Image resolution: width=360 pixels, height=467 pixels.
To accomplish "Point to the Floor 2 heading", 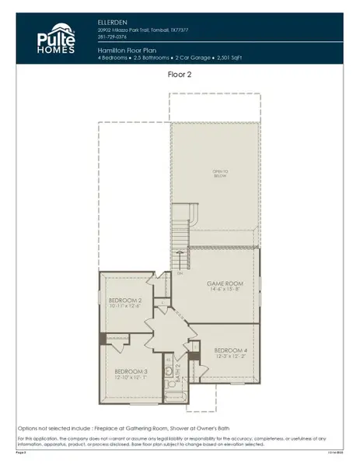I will coord(180,75).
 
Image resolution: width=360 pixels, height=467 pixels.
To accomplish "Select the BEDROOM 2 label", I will coord(124,300).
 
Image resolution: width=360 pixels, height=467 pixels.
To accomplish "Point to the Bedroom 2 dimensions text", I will coord(124,307).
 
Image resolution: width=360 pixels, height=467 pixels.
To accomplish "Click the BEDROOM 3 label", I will coord(130,371).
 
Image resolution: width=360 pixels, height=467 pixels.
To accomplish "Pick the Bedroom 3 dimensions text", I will coord(130,378).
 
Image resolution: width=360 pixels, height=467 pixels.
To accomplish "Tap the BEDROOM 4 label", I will coord(230,350).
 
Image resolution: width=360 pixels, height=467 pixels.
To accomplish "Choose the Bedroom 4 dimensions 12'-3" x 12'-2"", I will coord(230,357).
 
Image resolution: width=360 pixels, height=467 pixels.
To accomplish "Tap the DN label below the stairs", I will coord(180,273).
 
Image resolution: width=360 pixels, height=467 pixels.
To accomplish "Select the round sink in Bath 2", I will coord(168,373).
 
